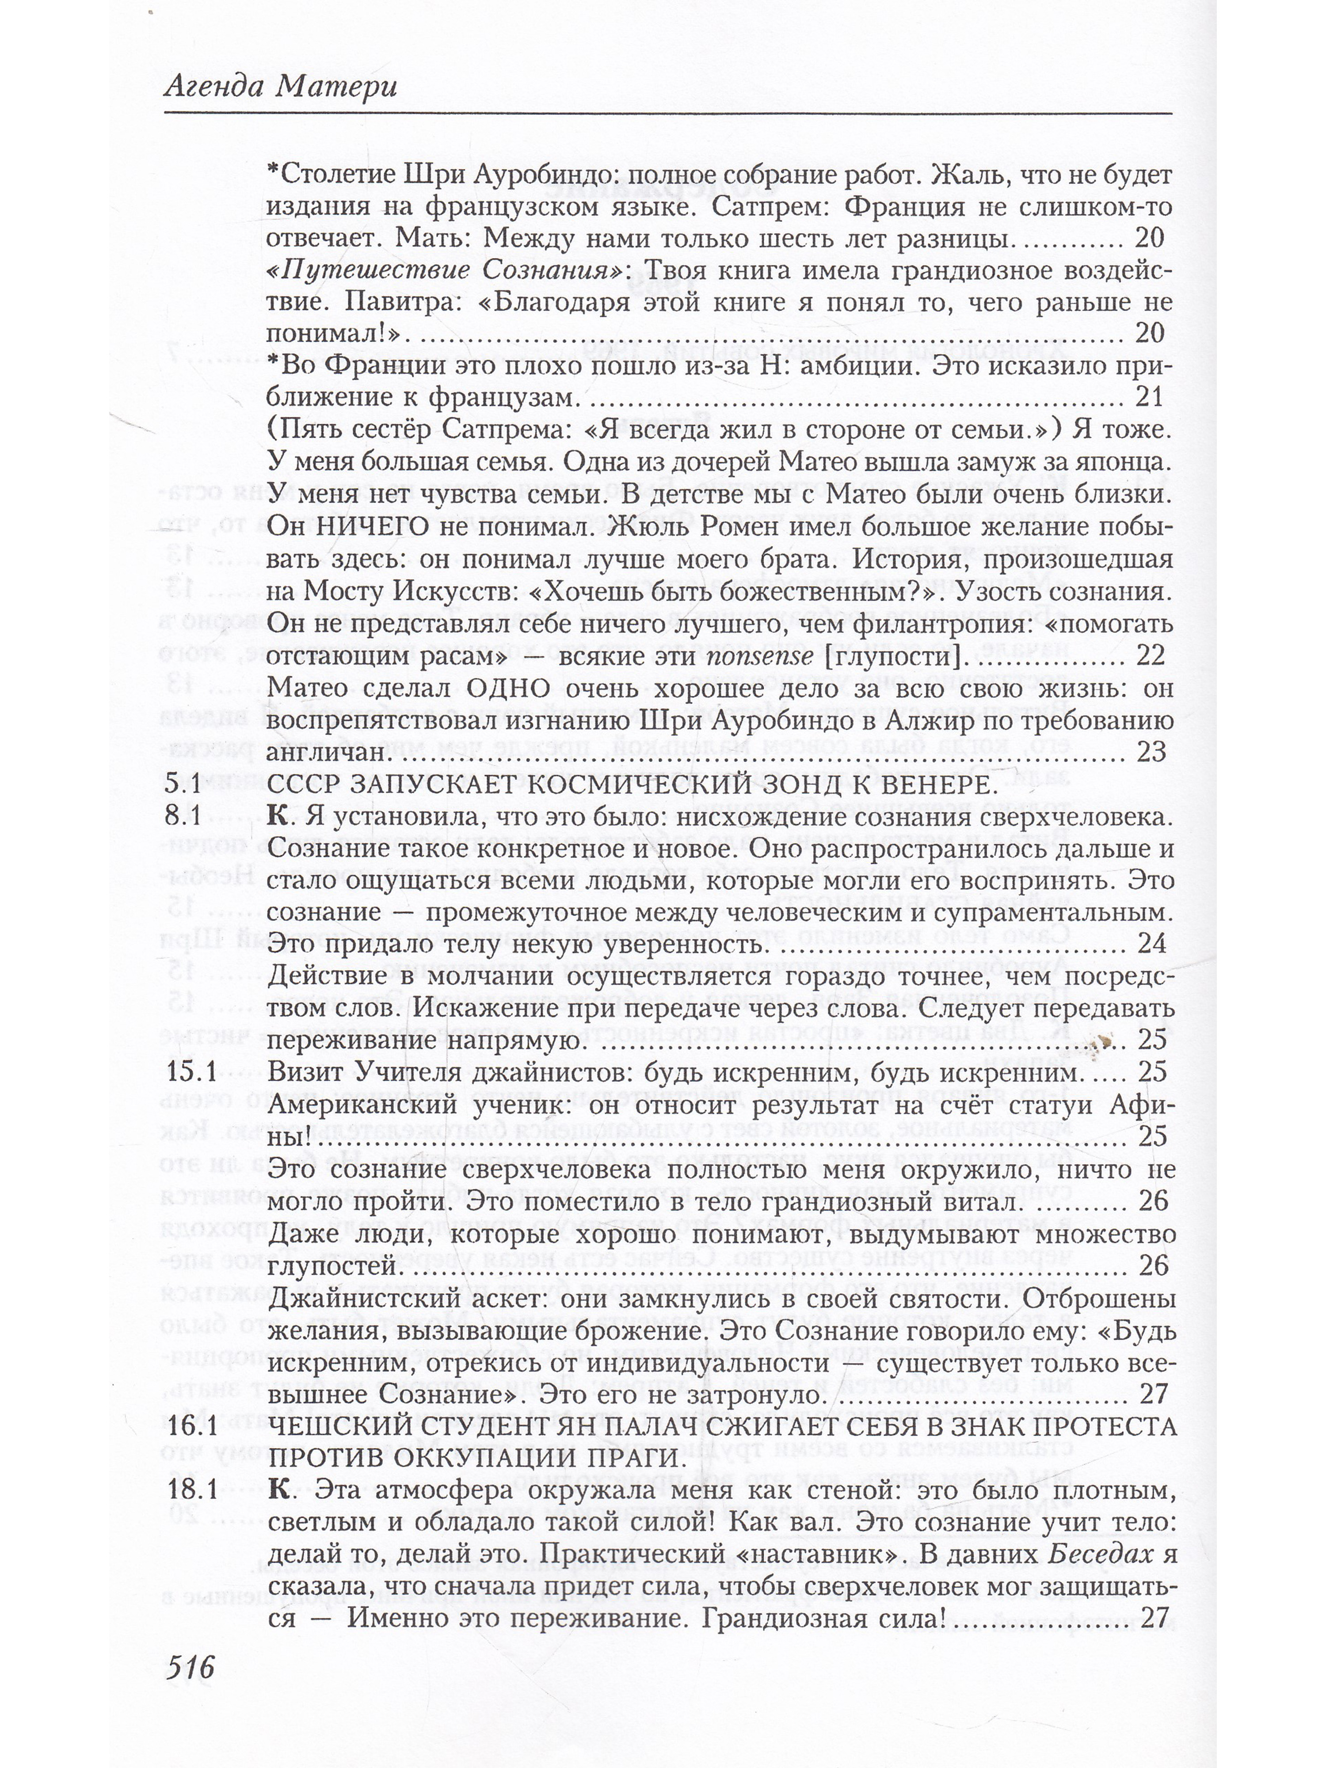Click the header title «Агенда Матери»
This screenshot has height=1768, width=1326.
[280, 85]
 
